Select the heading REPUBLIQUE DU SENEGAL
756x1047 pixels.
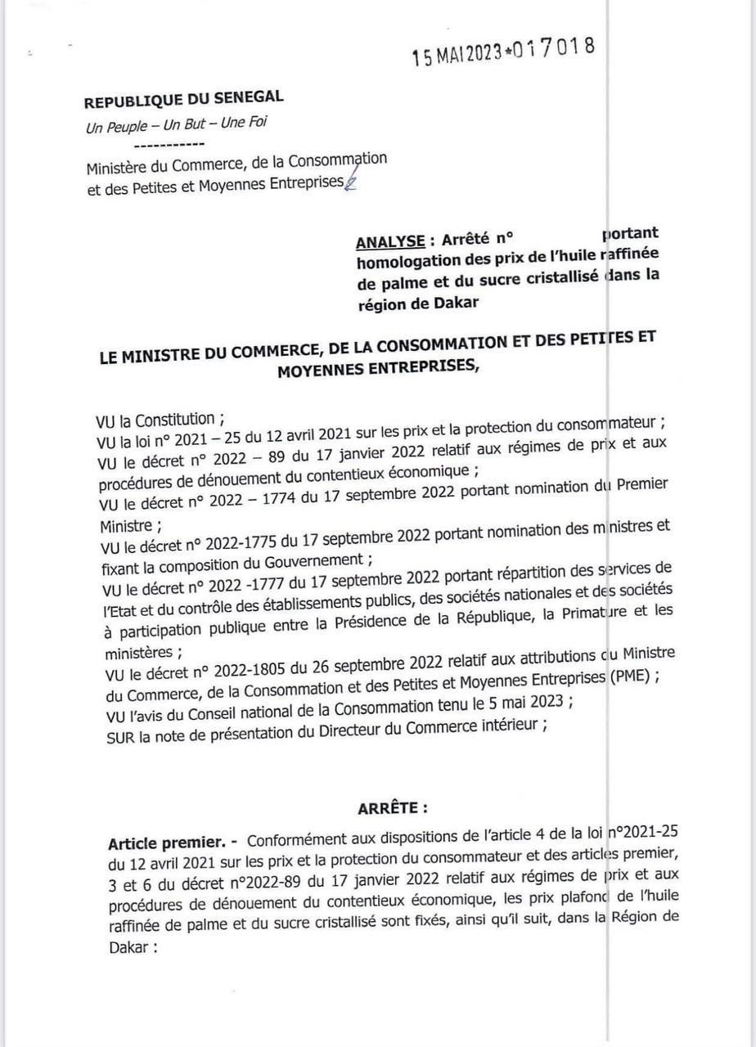click(x=184, y=100)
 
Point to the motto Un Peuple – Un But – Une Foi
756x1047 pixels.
click(x=176, y=125)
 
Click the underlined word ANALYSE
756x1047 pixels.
click(x=390, y=241)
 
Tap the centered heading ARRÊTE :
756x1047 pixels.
click(x=393, y=808)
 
